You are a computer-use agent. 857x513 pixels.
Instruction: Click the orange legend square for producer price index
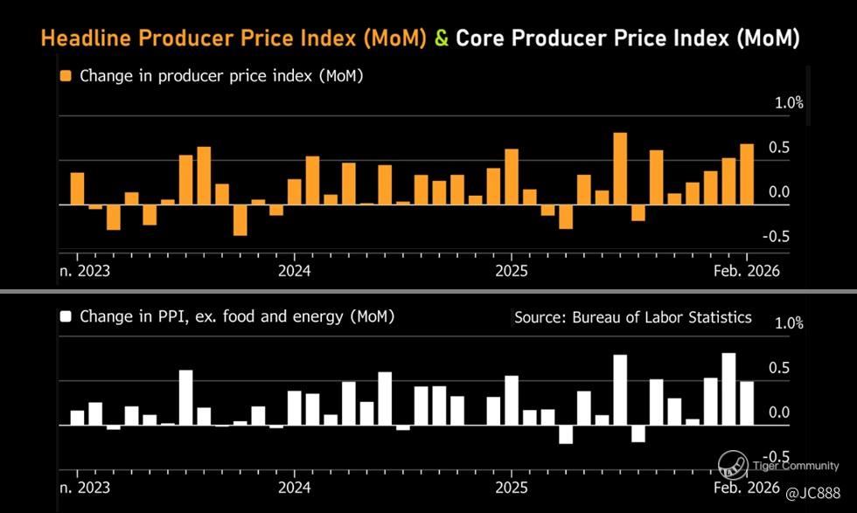coord(66,76)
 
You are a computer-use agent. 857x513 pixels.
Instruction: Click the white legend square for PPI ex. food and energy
coord(66,316)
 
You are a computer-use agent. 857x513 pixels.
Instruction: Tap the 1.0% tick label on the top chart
coord(789,103)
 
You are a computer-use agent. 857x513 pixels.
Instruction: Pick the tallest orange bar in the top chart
coord(620,169)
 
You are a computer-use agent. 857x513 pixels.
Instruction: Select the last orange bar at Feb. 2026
coord(747,174)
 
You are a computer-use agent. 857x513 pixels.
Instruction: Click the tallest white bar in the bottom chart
coord(728,389)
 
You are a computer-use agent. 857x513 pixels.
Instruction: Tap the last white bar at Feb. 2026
coord(747,403)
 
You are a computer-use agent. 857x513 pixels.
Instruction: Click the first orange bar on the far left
coord(77,188)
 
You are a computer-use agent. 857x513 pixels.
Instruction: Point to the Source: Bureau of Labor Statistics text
coord(632,317)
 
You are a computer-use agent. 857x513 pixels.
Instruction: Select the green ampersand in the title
coord(442,38)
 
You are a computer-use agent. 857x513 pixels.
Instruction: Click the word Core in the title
coord(484,38)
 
